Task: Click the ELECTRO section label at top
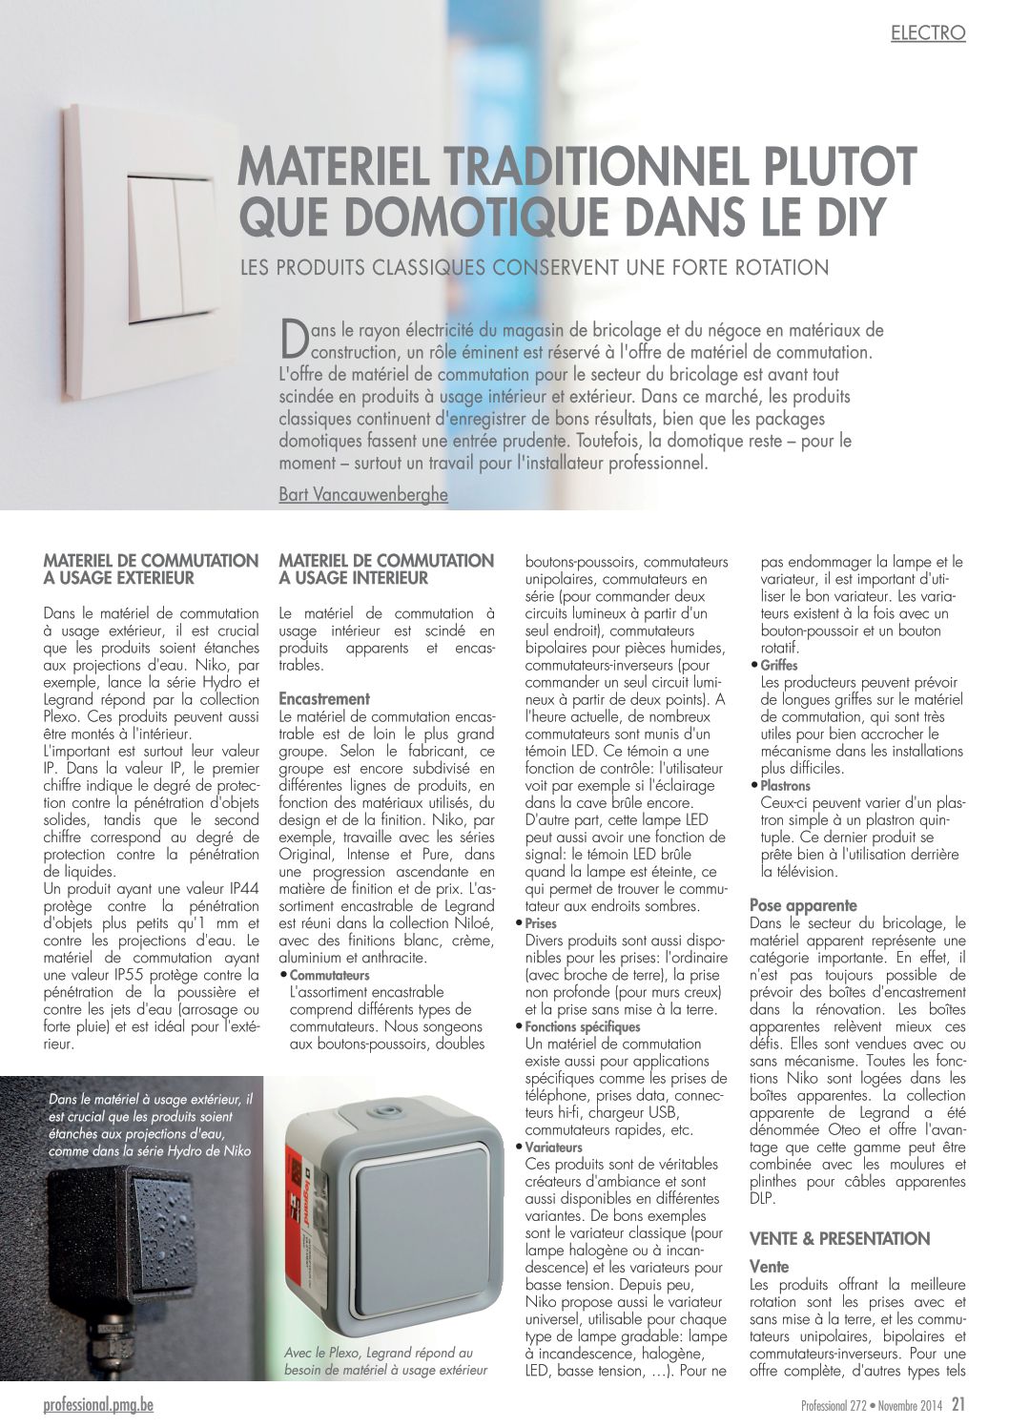coord(927,33)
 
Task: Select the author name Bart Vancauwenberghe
coord(362,495)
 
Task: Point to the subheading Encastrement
coord(324,699)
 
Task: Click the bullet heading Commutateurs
coord(329,976)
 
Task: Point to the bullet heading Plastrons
coord(785,786)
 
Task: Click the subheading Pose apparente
coord(803,905)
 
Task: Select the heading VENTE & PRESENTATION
coord(839,1239)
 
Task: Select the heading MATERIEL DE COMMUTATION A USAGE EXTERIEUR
coord(151,569)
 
